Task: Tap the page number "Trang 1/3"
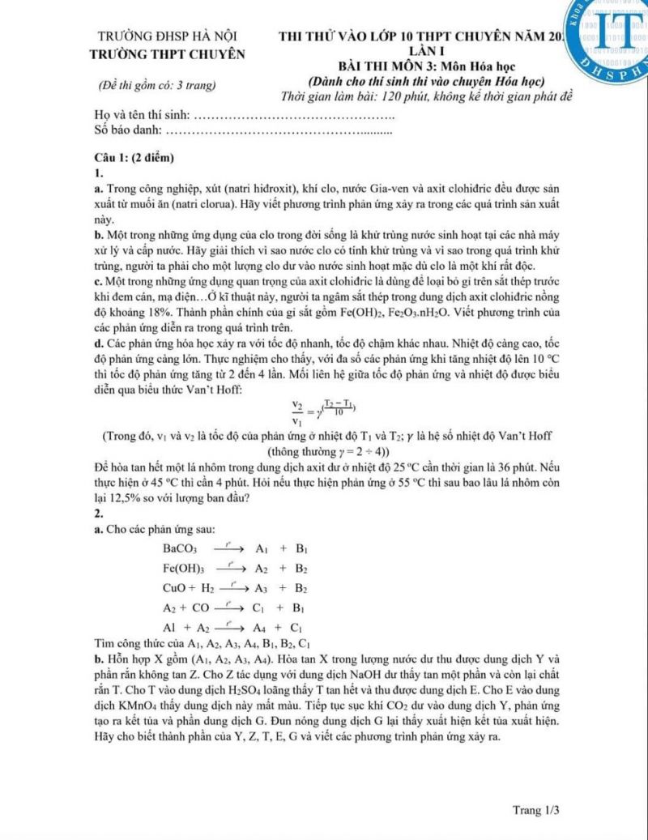pyautogui.click(x=536, y=809)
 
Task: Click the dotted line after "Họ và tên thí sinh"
pyautogui.click(x=296, y=113)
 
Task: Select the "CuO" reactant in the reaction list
pyautogui.click(x=173, y=586)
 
